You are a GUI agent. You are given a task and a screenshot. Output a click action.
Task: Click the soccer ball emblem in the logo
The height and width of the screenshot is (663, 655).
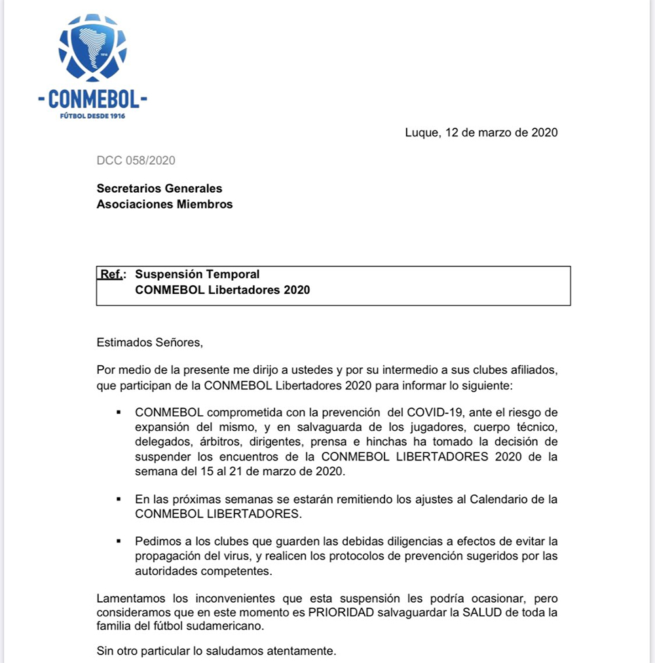pyautogui.click(x=92, y=49)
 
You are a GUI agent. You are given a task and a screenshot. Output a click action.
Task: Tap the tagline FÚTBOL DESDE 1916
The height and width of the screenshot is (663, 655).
pyautogui.click(x=92, y=116)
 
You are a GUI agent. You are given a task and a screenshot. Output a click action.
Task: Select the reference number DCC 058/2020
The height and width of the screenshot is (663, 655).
pyautogui.click(x=136, y=161)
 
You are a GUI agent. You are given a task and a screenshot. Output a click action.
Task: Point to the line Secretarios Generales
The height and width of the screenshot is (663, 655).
pyautogui.click(x=159, y=189)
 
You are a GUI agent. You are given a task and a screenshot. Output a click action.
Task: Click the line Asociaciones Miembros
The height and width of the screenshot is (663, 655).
pyautogui.click(x=164, y=204)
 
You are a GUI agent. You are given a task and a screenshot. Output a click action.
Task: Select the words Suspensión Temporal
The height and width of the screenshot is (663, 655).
pyautogui.click(x=197, y=274)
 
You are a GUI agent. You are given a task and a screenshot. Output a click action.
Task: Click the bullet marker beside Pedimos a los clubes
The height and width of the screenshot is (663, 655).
pyautogui.click(x=119, y=541)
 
